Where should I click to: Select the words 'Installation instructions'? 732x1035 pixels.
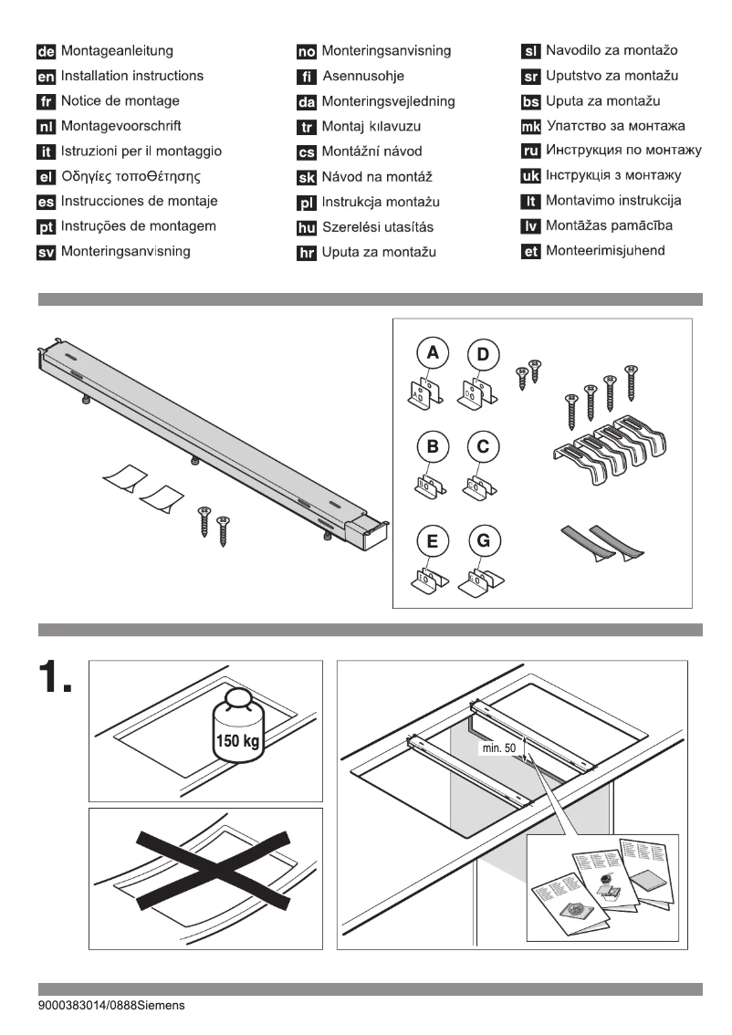coord(132,77)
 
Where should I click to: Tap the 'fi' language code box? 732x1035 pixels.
coord(307,77)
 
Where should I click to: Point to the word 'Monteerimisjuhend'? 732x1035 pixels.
coord(605,250)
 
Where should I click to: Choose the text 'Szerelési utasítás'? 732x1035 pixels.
coord(375,226)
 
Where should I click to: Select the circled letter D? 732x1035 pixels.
coord(484,354)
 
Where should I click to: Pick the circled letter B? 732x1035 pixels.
coord(434,447)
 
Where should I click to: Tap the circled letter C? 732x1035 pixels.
coord(484,447)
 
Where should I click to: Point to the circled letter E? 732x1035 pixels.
coord(434,540)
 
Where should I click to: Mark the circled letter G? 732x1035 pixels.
coord(484,540)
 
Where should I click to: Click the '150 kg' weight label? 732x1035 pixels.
coord(235,737)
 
